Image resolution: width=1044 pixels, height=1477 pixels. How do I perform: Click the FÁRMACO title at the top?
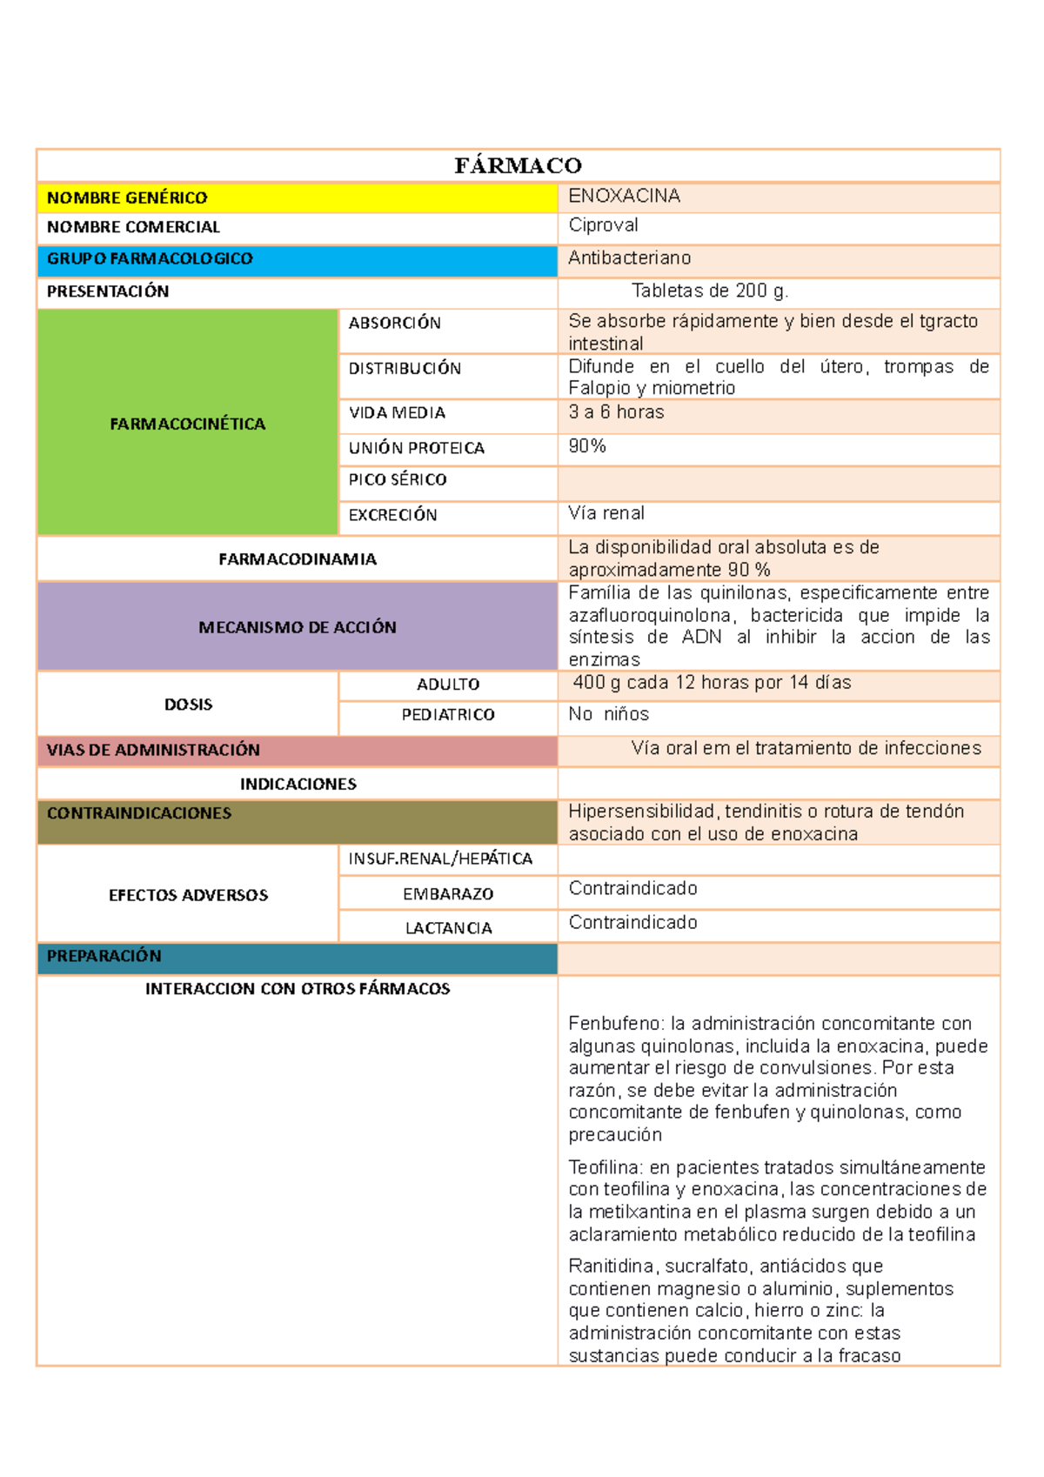tap(518, 165)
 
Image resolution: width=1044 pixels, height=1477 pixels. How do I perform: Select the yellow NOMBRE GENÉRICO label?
tap(127, 198)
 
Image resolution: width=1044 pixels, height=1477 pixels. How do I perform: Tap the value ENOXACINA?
tap(624, 196)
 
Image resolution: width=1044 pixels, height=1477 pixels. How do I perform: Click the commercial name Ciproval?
tap(603, 225)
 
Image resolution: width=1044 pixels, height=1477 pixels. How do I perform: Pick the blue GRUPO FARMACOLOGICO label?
tap(150, 258)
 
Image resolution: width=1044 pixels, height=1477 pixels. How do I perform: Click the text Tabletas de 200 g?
tap(709, 291)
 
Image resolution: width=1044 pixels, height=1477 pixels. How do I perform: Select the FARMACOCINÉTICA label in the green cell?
tap(187, 424)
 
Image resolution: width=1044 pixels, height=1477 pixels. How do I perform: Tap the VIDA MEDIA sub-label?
tap(397, 412)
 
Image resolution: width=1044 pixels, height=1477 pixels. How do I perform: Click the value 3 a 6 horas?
tap(616, 412)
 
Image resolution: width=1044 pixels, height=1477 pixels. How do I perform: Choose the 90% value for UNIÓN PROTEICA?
tap(587, 446)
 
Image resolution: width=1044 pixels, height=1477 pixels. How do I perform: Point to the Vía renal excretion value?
tap(606, 513)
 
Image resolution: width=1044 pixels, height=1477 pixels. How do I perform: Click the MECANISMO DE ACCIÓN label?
tap(297, 627)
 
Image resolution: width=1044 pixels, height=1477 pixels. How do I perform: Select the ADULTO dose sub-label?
tap(448, 685)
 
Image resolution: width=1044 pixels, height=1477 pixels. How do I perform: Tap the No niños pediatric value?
tap(608, 714)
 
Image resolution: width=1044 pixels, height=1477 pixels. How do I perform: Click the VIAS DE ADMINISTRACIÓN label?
tap(153, 750)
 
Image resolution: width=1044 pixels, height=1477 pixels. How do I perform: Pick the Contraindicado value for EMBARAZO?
tap(632, 888)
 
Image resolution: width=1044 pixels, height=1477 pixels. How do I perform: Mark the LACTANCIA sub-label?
tap(448, 928)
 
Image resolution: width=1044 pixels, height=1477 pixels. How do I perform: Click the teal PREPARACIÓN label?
tap(104, 956)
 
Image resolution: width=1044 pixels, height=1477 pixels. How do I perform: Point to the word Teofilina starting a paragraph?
tap(605, 1167)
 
